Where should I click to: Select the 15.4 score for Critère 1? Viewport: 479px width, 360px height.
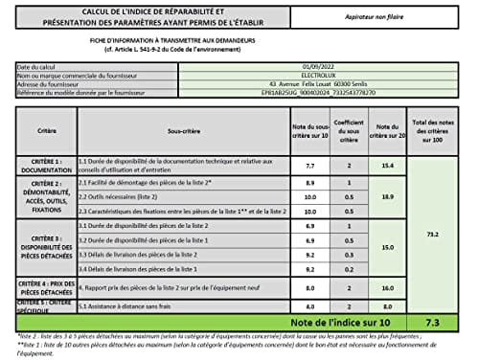tap(387, 166)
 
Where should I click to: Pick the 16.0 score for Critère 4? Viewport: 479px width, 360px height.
tap(387, 286)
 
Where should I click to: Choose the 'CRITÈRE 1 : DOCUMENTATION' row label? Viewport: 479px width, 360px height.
tap(46, 166)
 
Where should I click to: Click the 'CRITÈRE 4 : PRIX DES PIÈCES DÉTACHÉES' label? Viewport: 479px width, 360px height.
tap(46, 286)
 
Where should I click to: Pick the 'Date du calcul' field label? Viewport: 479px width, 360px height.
tap(42, 66)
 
